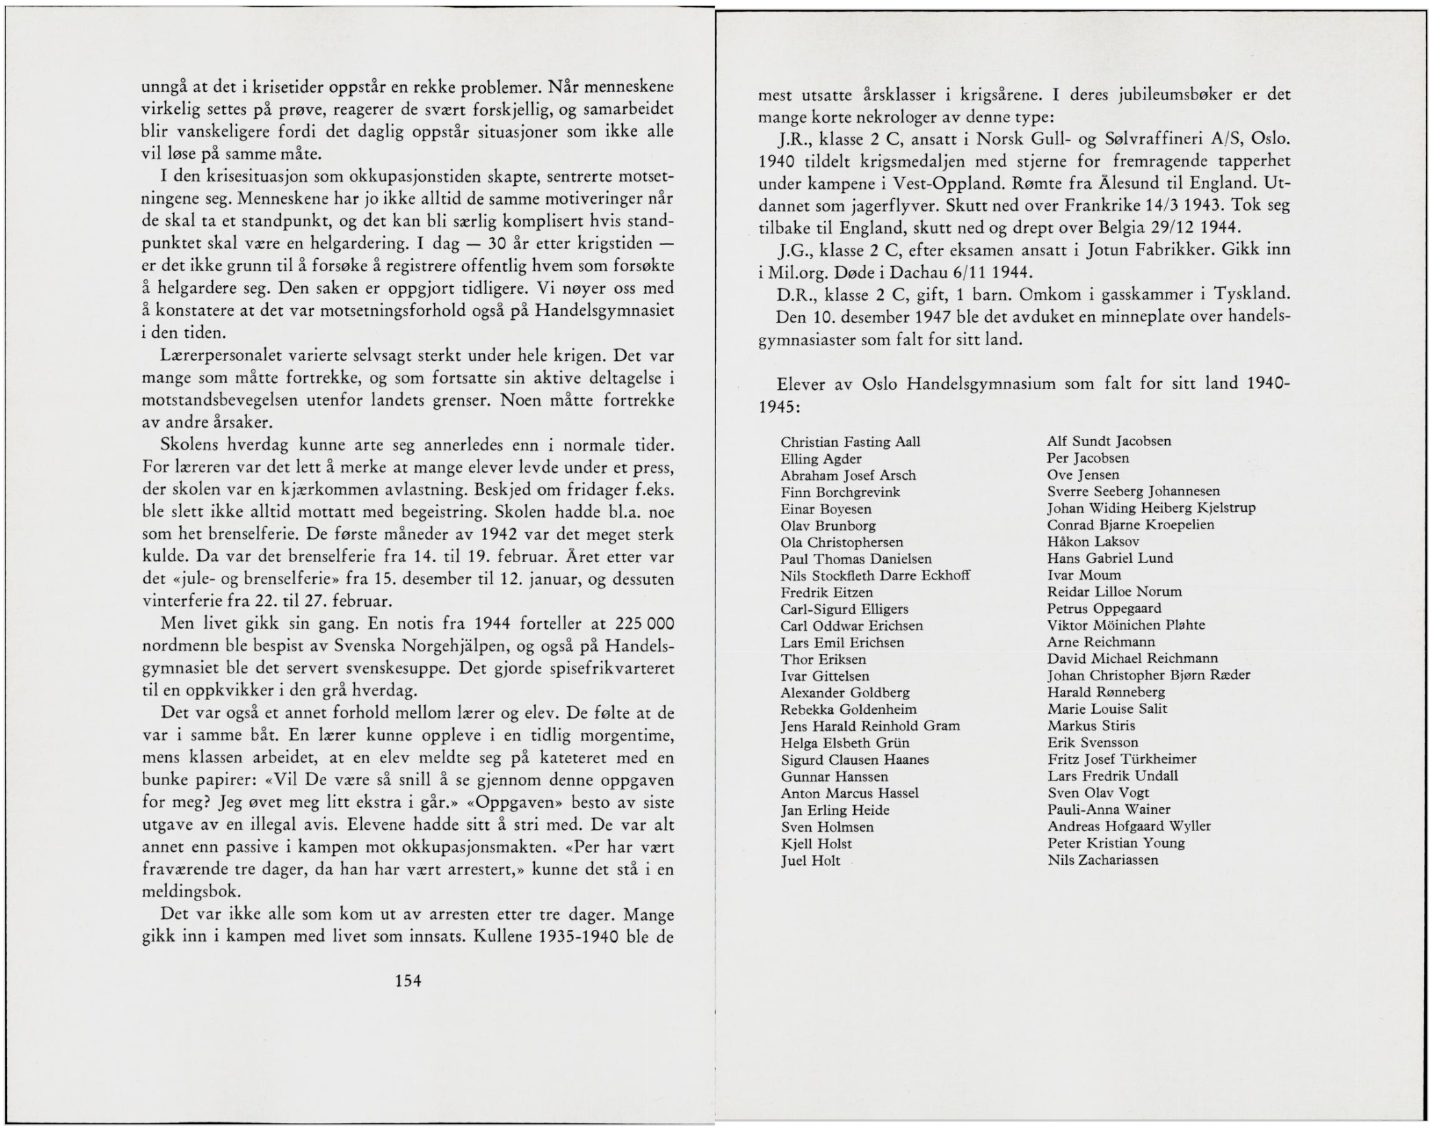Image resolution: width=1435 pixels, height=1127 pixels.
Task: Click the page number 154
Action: click(408, 981)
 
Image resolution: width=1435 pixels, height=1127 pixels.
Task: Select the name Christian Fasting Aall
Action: click(850, 442)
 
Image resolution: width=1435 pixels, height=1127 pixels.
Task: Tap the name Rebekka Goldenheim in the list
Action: click(848, 709)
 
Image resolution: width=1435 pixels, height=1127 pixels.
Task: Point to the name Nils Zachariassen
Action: click(1103, 860)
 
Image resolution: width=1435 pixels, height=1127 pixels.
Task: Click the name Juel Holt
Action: click(810, 861)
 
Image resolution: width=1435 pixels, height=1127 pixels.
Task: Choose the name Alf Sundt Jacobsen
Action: click(1109, 441)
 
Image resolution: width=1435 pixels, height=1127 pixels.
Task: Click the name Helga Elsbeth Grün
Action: click(845, 743)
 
